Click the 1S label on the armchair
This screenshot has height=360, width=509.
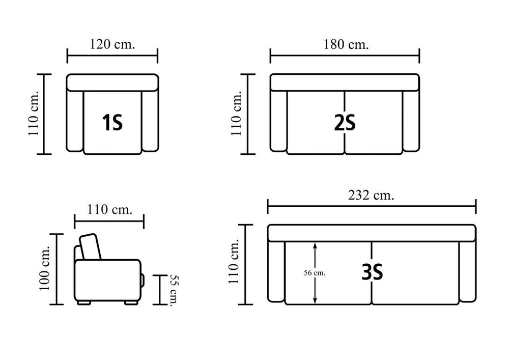tap(112, 123)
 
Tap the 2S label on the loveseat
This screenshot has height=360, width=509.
tap(345, 123)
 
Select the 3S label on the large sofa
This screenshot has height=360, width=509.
tap(373, 272)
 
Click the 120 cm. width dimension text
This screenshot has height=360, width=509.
tap(112, 44)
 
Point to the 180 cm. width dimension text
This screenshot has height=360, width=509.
tap(346, 44)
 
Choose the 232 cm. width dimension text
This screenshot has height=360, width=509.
tap(371, 195)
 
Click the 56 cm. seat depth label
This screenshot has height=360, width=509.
tap(315, 273)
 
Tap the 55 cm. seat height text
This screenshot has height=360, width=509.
tap(174, 290)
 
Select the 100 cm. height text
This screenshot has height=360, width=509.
tap(44, 268)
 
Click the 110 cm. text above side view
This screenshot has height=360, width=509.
tap(109, 209)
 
